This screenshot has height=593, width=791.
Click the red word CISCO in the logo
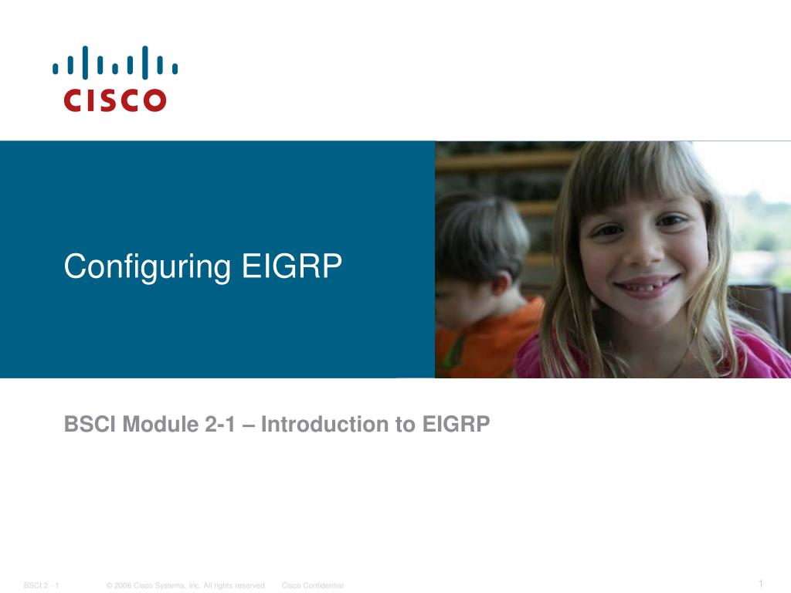click(115, 100)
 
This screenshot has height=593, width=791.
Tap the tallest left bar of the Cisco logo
click(85, 63)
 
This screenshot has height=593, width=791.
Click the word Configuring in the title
click(148, 266)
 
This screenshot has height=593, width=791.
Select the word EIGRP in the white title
click(291, 266)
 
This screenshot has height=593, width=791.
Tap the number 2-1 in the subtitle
click(220, 424)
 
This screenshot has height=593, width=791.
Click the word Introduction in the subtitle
click(324, 424)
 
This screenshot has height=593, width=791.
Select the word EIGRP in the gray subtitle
click(456, 424)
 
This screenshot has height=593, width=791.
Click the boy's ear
click(500, 283)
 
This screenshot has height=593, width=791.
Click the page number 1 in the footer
click(761, 584)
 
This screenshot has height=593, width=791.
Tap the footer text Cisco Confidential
click(312, 585)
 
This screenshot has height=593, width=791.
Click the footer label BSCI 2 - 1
click(42, 585)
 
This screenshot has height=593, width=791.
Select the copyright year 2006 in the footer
click(123, 585)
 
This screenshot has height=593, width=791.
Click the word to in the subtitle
click(405, 425)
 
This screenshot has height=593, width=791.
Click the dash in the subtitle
click(248, 426)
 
